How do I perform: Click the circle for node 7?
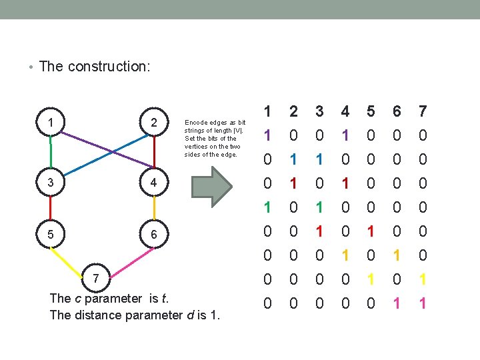(96, 277)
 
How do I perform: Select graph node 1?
(51, 123)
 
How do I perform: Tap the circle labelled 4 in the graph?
(154, 183)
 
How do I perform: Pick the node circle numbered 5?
(51, 235)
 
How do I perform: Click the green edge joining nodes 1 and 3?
(51, 153)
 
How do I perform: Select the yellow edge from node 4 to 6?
(154, 209)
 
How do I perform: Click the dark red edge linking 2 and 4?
(154, 153)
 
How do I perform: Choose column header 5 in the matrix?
(371, 111)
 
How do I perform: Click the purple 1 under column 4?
(345, 135)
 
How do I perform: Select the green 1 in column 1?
(267, 207)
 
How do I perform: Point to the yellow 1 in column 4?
(345, 255)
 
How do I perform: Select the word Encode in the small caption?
(195, 123)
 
